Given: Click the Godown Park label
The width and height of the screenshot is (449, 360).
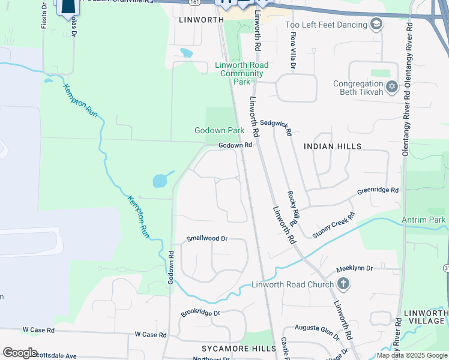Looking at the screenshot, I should point(219,130).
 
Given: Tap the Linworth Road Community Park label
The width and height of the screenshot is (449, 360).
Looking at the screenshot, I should point(241,73).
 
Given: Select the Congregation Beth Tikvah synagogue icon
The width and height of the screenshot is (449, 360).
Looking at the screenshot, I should point(392,88).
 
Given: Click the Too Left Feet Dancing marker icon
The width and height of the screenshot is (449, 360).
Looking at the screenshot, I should point(376,25).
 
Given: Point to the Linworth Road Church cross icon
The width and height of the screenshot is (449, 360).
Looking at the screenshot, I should point(343,284).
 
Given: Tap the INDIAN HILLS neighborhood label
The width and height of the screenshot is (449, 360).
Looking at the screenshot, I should point(333,146).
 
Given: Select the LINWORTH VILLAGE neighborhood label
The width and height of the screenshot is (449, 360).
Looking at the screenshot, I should point(426,317).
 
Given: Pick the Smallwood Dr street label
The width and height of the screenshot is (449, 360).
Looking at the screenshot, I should point(207,238).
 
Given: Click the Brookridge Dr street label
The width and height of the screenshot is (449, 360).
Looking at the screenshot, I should point(201,313).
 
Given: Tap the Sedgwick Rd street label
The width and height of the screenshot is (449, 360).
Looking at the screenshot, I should point(280,127).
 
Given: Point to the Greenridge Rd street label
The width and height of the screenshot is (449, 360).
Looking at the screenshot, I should point(378,191).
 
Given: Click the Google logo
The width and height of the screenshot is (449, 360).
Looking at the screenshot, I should point(20,353).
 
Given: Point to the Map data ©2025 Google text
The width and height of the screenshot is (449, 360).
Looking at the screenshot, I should point(412,355).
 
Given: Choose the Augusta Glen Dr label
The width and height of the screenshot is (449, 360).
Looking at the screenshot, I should point(317,329).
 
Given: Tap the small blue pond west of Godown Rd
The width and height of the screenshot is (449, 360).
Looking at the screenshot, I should point(160,180).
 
